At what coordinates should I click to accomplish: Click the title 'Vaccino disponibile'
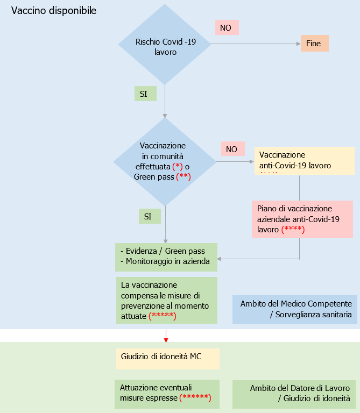[x=54, y=11]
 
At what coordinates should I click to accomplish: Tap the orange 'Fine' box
[x=314, y=44]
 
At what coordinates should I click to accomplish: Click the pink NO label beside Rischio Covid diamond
[x=226, y=27]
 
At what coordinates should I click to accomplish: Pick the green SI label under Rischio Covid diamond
[x=145, y=94]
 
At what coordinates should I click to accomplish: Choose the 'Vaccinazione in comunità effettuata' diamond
[x=164, y=161]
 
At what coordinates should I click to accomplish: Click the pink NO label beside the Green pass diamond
[x=232, y=149]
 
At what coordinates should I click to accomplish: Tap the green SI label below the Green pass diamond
[x=149, y=216]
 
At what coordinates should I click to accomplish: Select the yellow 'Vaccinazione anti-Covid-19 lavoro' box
[x=304, y=160]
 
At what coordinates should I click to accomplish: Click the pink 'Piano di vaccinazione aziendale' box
[x=302, y=219]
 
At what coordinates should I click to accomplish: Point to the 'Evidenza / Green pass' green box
[x=166, y=257]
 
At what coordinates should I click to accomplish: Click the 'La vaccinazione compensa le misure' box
[x=166, y=300]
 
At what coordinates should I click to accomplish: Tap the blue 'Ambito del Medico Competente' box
[x=295, y=309]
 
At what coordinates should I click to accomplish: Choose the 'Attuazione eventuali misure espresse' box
[x=167, y=393]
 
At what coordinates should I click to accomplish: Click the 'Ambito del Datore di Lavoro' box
[x=295, y=394]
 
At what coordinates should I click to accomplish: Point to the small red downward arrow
[x=166, y=336]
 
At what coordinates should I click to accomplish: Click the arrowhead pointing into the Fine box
[x=298, y=44]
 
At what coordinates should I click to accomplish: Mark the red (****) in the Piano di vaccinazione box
[x=293, y=230]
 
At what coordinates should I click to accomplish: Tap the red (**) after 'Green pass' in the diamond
[x=183, y=176]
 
